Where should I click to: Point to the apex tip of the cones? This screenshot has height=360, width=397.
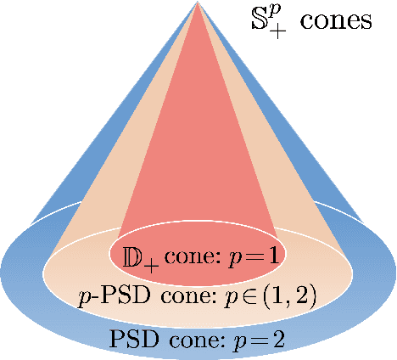[198, 3]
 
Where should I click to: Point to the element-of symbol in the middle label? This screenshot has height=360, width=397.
[256, 297]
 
